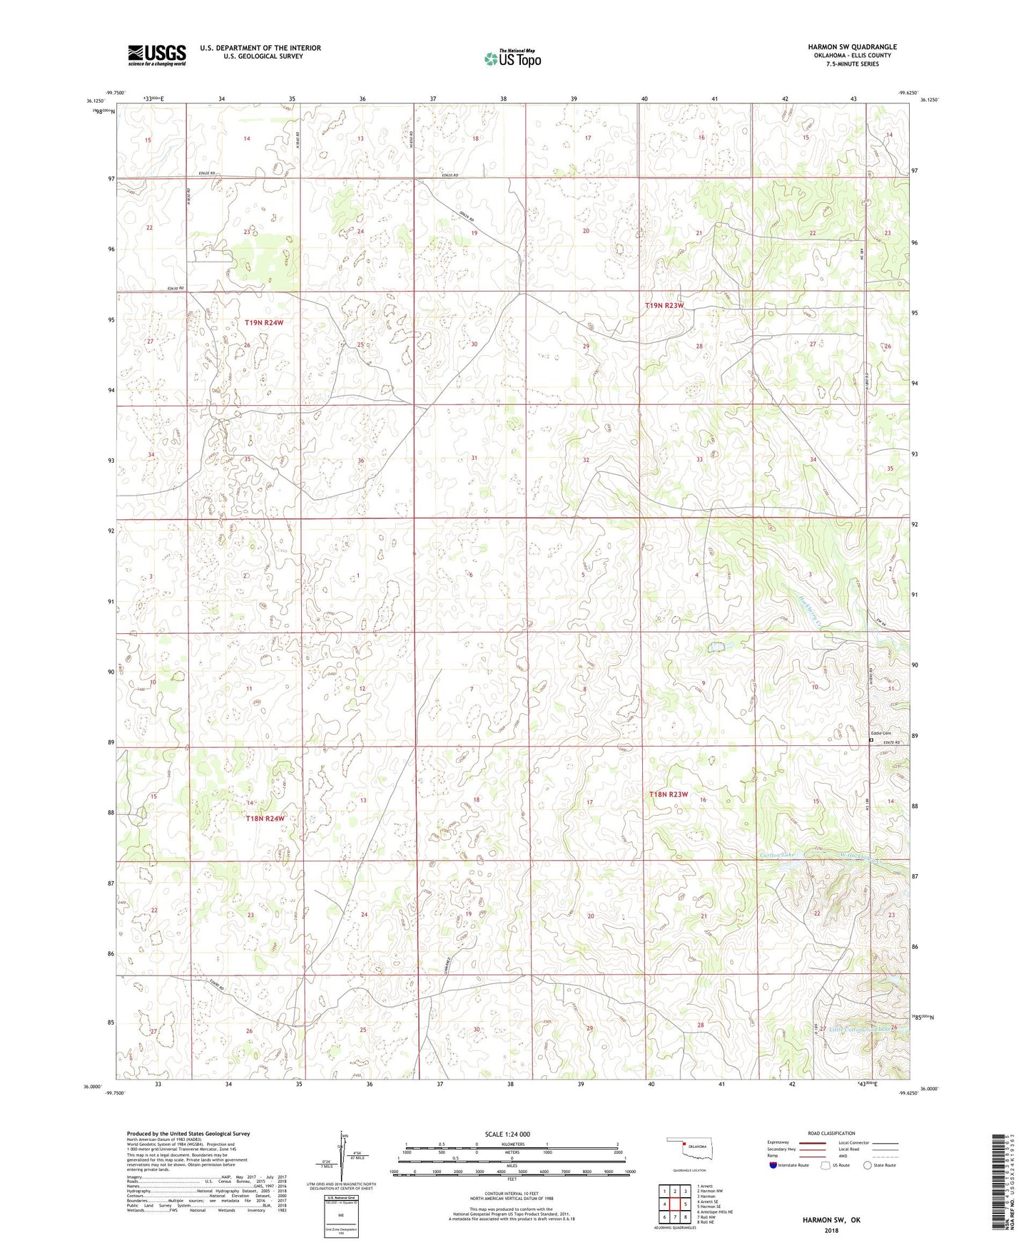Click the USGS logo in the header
pyautogui.click(x=157, y=54)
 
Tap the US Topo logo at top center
pyautogui.click(x=512, y=58)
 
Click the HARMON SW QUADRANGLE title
pyautogui.click(x=852, y=47)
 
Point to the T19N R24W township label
pyautogui.click(x=264, y=322)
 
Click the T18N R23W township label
pyautogui.click(x=669, y=794)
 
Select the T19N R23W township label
pyautogui.click(x=664, y=305)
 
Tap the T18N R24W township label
pyautogui.click(x=265, y=819)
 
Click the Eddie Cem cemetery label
pyautogui.click(x=880, y=733)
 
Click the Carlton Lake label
pyautogui.click(x=777, y=854)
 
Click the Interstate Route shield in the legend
pyautogui.click(x=773, y=1165)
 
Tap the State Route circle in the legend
pyautogui.click(x=868, y=1165)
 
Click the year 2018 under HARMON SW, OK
pyautogui.click(x=831, y=1229)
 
